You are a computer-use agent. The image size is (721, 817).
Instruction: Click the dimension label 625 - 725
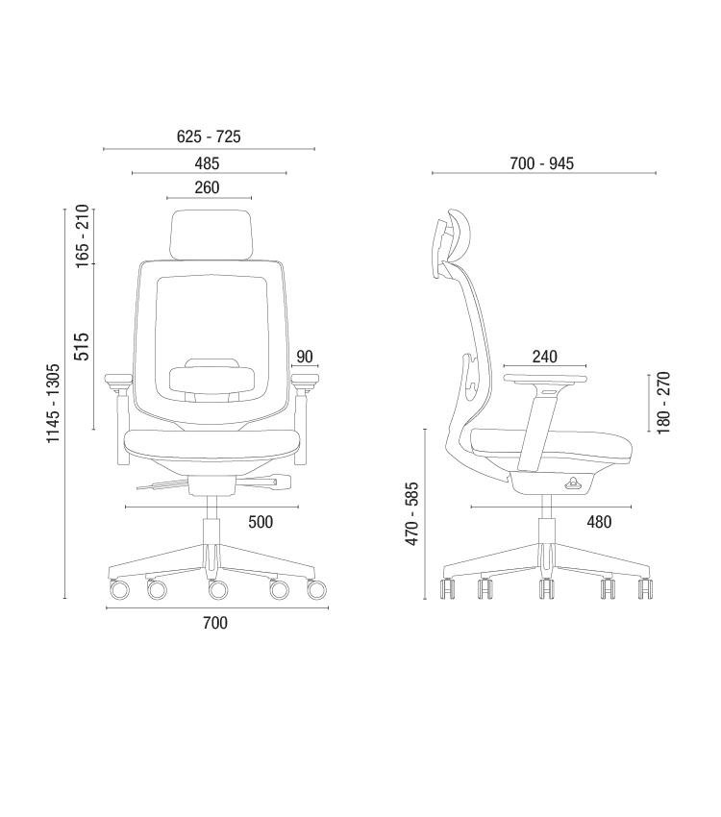[209, 136]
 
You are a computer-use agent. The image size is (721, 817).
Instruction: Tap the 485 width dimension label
[207, 163]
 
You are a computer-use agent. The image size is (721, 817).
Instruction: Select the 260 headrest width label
[207, 187]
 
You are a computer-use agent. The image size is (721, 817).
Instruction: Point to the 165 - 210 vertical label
[83, 236]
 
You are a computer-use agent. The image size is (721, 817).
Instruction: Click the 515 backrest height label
[82, 346]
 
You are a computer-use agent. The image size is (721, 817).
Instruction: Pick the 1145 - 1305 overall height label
[53, 404]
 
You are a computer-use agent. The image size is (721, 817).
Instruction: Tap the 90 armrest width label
[305, 357]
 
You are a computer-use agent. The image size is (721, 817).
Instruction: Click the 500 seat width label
[261, 522]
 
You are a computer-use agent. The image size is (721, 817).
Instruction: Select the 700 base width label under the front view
[215, 623]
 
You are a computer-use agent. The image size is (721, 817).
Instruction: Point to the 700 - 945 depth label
[542, 163]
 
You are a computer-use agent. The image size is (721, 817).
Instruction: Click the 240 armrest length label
[544, 357]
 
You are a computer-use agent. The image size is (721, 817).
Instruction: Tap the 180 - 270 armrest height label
[663, 403]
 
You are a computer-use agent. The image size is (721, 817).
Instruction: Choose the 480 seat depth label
[599, 522]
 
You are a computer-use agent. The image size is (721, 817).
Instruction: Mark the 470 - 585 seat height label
[411, 514]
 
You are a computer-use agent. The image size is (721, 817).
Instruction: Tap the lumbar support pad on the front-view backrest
[212, 379]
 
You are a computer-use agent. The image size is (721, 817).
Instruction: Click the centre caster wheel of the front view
[218, 589]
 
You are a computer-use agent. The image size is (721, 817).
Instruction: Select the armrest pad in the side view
[545, 379]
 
